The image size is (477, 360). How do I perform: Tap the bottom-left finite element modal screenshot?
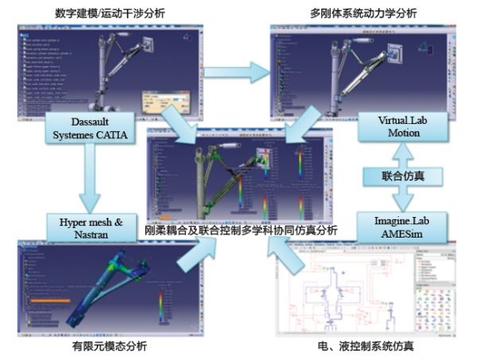pyautogui.click(x=95, y=290)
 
